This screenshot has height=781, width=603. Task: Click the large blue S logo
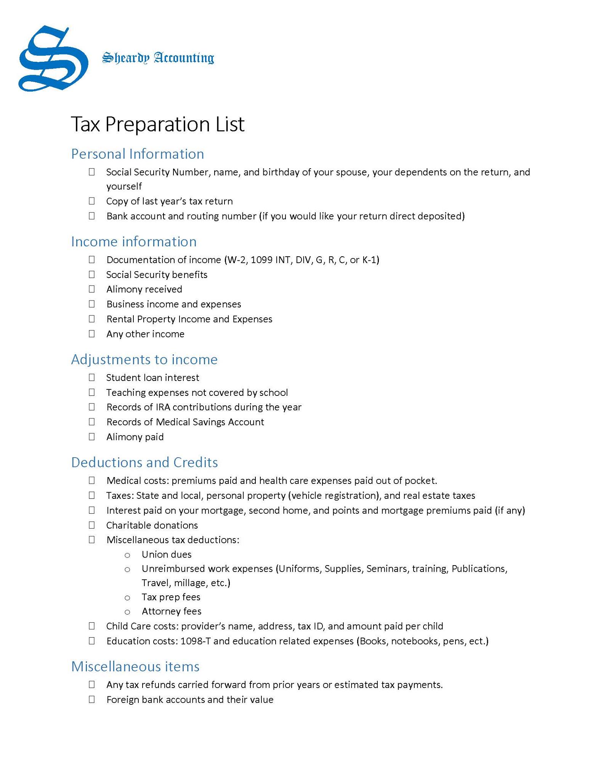(53, 59)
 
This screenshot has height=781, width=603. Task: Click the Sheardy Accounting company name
(158, 58)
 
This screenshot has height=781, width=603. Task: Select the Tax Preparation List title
(157, 124)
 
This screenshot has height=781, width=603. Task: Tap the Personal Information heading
(138, 154)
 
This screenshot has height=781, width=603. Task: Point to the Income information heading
(134, 242)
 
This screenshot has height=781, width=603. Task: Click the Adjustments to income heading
(144, 360)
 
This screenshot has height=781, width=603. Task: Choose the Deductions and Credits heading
(144, 463)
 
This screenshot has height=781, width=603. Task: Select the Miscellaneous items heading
(135, 667)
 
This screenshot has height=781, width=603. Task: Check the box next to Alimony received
(92, 289)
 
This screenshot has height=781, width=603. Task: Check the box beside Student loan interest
(92, 378)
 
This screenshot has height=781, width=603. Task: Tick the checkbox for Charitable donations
(92, 525)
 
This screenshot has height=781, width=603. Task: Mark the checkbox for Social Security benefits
(92, 275)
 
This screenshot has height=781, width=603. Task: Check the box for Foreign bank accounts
(92, 700)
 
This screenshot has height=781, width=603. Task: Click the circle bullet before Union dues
(127, 555)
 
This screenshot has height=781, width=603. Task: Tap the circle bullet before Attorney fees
(127, 612)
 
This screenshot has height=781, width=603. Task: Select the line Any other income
(145, 334)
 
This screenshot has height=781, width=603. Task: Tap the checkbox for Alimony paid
(92, 437)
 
